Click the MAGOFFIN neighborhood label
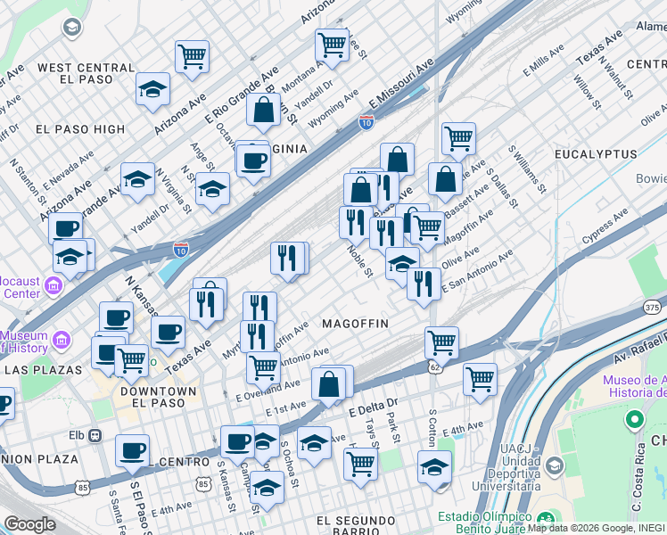[x=355, y=323]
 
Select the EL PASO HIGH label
[x=81, y=129]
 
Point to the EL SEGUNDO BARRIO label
[x=356, y=521]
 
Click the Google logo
[x=29, y=524]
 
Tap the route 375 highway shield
[x=651, y=307]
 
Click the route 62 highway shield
[x=434, y=366]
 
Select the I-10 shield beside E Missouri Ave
[x=366, y=121]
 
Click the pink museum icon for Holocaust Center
[x=53, y=285]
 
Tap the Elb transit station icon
[x=95, y=436]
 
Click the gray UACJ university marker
[x=555, y=466]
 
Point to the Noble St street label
[x=359, y=261]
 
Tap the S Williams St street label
[x=525, y=170]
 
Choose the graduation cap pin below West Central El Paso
[x=153, y=90]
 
